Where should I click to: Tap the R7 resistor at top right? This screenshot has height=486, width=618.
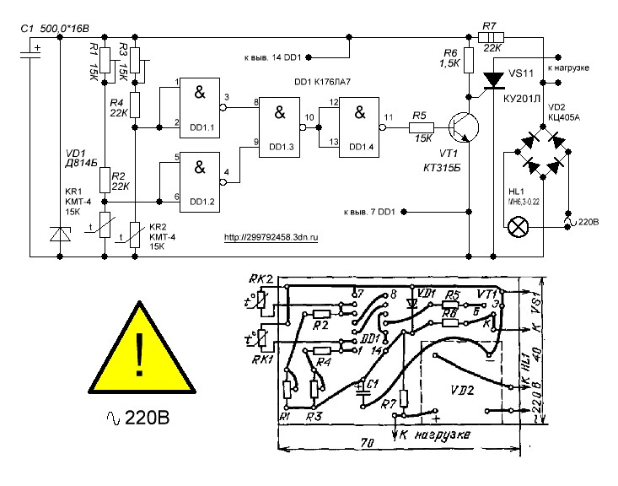click(491, 37)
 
